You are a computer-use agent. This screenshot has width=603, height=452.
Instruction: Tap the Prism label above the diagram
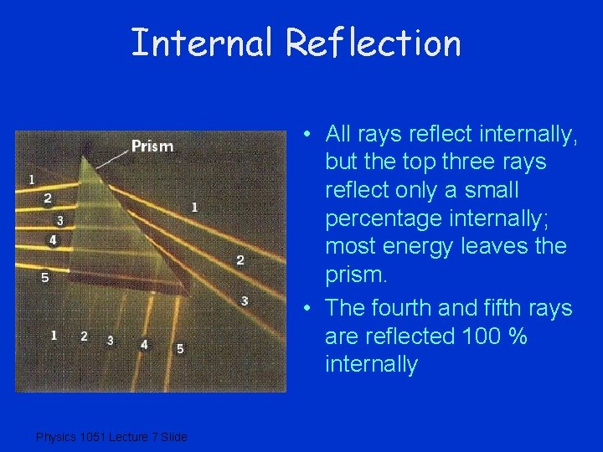152,146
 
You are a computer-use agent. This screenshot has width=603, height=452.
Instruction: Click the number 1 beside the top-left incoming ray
32,179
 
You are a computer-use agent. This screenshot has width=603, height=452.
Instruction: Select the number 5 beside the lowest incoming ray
45,277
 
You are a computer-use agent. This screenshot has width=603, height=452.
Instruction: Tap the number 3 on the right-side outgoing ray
244,300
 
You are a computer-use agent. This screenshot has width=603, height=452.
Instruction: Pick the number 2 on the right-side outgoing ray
240,260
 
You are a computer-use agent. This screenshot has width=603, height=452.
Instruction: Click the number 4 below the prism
144,344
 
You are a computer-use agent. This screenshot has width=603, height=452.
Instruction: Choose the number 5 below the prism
180,348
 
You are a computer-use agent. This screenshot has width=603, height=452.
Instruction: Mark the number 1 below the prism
54,335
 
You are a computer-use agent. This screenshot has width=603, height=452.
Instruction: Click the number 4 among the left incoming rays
54,240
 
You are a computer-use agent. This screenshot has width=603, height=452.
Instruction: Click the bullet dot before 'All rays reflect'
309,134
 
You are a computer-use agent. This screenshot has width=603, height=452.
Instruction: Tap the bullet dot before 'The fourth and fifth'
309,309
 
